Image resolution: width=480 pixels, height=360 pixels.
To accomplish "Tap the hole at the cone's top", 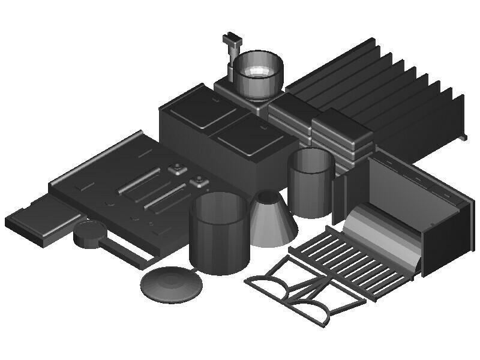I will (x=269, y=197).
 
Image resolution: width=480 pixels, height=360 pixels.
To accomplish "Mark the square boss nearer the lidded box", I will (x=177, y=169).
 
